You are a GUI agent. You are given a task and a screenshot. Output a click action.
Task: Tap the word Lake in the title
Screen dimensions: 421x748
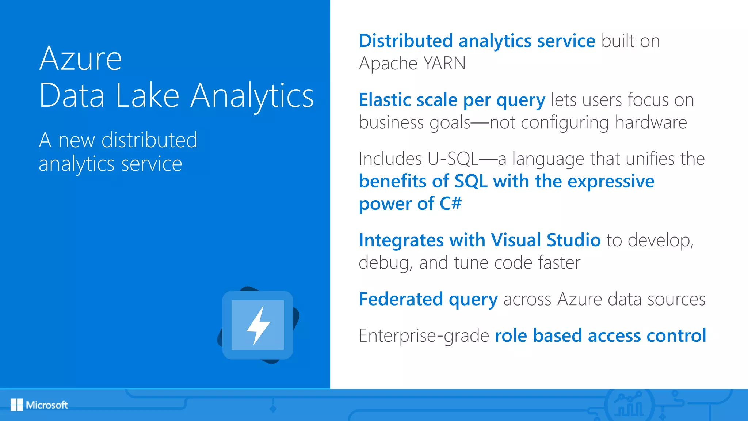coord(147,96)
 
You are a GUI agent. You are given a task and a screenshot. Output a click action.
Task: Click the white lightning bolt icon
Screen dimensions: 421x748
coord(258,325)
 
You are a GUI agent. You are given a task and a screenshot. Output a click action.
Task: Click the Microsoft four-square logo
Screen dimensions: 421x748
coord(16,405)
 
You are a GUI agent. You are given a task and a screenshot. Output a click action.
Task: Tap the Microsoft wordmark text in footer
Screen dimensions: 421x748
coord(47,405)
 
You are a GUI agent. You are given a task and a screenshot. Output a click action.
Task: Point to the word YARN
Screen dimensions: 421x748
coord(444,64)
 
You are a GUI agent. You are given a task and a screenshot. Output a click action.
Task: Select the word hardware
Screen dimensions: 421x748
coord(651,122)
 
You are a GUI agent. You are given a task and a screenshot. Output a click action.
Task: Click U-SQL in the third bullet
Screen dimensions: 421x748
coord(453,159)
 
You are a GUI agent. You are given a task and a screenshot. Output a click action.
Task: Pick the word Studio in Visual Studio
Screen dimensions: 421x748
coord(573,240)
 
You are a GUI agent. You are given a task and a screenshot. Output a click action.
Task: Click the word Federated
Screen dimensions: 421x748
coord(401,299)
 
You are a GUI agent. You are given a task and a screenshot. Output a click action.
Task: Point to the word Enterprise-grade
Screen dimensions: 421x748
coord(424,336)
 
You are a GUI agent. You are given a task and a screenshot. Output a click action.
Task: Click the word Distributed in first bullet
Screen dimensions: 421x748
coord(406,41)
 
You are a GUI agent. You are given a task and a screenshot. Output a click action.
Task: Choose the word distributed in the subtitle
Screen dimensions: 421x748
coord(149,140)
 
